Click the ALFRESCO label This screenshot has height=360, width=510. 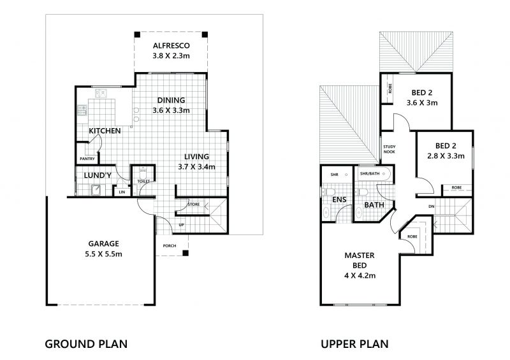[x=171, y=45]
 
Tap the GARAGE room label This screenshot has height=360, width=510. [x=103, y=243]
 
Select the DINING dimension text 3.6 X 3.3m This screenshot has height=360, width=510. [x=171, y=111]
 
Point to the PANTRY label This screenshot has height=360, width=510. [x=87, y=159]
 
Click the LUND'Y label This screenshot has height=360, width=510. [x=98, y=176]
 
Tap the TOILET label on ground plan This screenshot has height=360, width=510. [x=143, y=181]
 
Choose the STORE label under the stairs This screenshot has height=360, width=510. [x=194, y=205]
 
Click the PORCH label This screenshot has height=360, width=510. [x=170, y=245]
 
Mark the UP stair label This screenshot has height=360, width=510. [x=182, y=225]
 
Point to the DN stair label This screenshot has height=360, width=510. [x=432, y=206]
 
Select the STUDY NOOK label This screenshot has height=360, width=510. [x=389, y=149]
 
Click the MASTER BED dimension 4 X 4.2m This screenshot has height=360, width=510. [x=360, y=276]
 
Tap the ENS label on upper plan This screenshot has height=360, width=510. [x=339, y=199]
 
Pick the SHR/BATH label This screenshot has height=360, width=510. [x=370, y=173]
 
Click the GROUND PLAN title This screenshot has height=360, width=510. [x=86, y=344]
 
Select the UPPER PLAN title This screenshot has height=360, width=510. [x=354, y=344]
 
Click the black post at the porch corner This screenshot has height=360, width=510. [x=185, y=253]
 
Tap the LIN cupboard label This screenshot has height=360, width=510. [x=122, y=192]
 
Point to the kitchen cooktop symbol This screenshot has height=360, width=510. [x=82, y=110]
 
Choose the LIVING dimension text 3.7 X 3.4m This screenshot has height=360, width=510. [x=196, y=167]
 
